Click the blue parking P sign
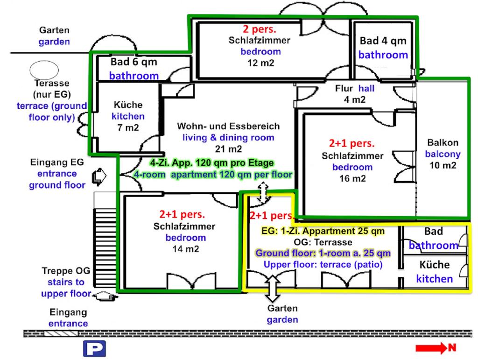coord(94,348)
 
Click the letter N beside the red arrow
coord(452,347)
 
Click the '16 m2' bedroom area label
coord(353,178)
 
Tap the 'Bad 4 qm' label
coord(383,41)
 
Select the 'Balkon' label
coord(443,143)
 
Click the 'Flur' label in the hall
coord(344,89)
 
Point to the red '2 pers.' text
coord(259,29)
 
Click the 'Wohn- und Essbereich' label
coord(228,127)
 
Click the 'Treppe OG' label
coord(63,271)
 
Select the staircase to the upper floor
coord(105,247)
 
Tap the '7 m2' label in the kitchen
coord(128,127)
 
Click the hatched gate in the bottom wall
coord(61,333)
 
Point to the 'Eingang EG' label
coord(57,163)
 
